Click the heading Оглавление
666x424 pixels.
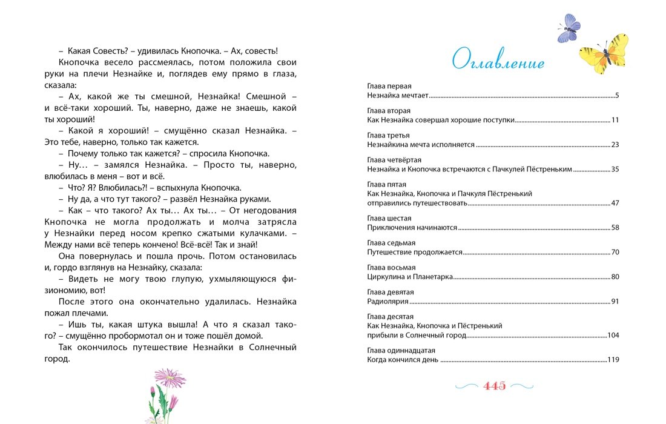coord(498,61)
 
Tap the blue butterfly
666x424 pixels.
coord(569,28)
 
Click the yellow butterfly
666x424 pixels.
coord(603,53)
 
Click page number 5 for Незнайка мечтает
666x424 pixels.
coord(616,96)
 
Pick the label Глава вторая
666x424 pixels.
coord(389,111)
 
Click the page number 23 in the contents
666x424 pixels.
coord(615,145)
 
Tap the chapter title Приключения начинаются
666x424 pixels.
coord(412,228)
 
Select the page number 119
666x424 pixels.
coord(613,360)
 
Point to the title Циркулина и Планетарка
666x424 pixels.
coord(410,277)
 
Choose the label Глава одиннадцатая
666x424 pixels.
coord(401,350)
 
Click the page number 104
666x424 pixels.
coord(613,335)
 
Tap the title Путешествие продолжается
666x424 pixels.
coord(415,252)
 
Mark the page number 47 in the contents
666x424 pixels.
coord(615,203)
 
